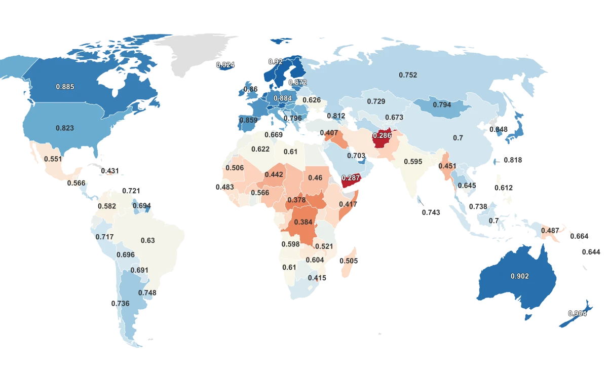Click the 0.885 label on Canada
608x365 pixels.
pos(65,87)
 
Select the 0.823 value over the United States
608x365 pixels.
pos(65,128)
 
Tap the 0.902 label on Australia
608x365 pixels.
pos(519,276)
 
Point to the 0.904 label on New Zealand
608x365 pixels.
pos(577,313)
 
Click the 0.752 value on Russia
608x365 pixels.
pos(408,75)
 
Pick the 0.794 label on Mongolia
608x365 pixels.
pos(442,105)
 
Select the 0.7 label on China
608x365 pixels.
pos(458,138)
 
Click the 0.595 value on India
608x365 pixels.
pos(413,162)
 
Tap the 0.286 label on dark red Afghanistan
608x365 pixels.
pos(382,136)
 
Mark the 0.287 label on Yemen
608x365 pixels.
pos(351,178)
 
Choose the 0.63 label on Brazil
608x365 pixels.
pos(147,240)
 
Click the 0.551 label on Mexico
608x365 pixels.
pos(53,159)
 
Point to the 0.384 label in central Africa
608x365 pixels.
pos(303,222)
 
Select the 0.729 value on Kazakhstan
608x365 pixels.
pos(376,102)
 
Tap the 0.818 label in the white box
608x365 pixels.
pos(513,160)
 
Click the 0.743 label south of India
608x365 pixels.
pos(431,212)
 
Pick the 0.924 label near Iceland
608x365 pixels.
pos(225,65)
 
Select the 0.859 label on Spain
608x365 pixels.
pos(248,120)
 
